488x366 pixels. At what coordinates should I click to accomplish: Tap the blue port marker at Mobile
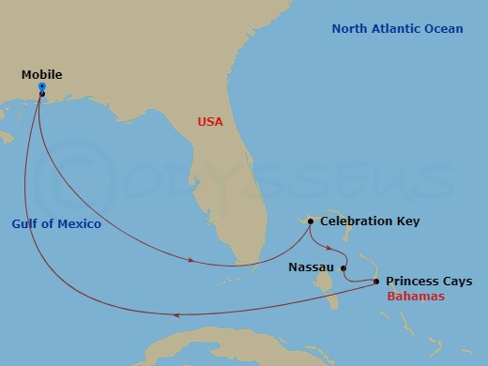[x=42, y=87]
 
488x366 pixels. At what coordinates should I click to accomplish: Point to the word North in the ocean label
[x=351, y=29]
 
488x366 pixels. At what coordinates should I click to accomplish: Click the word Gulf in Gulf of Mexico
[x=27, y=224]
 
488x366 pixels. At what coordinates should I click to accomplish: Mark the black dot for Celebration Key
[x=311, y=222]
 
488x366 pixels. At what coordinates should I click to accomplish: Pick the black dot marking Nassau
[x=343, y=267]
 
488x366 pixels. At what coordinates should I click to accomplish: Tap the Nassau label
[x=312, y=267]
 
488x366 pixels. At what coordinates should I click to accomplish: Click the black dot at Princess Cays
[x=376, y=281]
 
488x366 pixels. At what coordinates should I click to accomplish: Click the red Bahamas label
[x=414, y=296]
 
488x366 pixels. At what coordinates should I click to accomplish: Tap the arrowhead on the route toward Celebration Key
[x=191, y=261]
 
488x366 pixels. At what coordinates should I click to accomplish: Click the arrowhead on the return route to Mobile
[x=179, y=314]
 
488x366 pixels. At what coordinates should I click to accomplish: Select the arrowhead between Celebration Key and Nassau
[x=328, y=249]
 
